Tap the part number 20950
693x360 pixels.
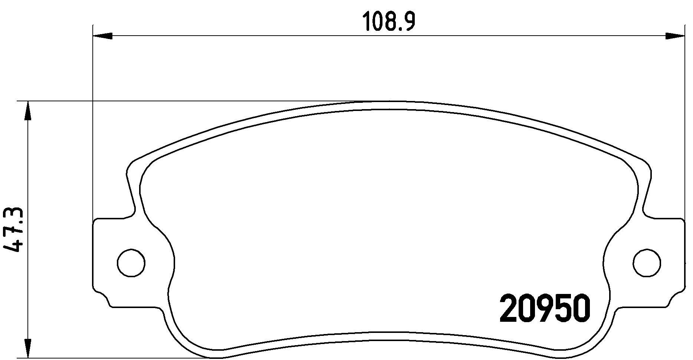coord(545,308)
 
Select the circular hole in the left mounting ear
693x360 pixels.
coord(131,263)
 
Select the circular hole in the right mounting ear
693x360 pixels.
coord(647,263)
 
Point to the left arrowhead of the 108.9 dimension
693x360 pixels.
coord(102,36)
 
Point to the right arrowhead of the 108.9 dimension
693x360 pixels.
coord(674,36)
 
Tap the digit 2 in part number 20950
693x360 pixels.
coord(508,308)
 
